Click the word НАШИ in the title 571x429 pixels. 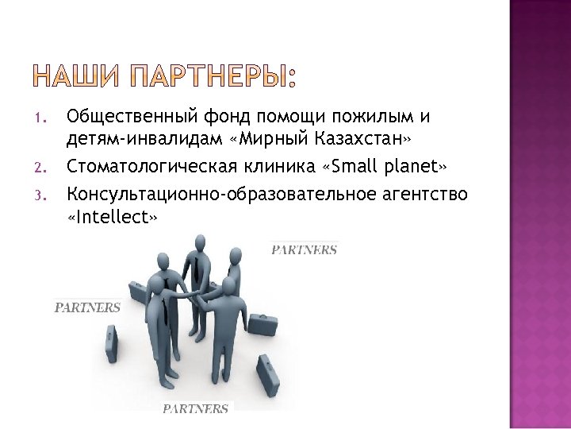point(75,78)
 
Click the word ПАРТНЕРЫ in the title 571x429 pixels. point(210,78)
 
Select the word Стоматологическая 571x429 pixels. point(151,168)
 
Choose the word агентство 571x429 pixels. point(425,193)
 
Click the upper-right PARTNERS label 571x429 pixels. point(305,250)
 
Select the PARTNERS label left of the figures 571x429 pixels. point(87,307)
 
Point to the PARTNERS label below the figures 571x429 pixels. point(196,409)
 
